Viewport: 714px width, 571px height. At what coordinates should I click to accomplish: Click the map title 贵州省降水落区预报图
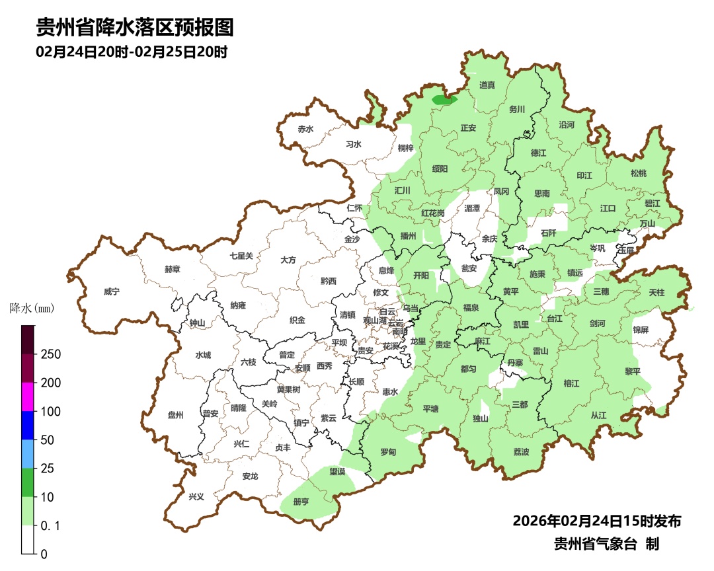(135, 28)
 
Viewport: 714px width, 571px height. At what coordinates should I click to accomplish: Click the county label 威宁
(112, 291)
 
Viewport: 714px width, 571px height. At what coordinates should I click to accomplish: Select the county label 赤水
(305, 130)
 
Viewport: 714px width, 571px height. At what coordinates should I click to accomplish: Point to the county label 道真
(487, 85)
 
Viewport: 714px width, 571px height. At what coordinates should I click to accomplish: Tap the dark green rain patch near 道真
(444, 100)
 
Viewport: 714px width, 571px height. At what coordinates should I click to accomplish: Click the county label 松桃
(638, 173)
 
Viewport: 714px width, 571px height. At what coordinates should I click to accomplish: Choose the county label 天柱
(656, 292)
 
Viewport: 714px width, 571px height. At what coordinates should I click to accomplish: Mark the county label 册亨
(301, 502)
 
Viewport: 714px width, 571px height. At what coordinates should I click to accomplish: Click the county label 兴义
(196, 496)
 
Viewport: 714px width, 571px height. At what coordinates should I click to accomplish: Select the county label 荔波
(521, 452)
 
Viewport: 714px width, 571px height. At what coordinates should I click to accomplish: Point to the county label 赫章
(172, 270)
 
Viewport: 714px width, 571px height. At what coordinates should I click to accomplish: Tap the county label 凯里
(521, 324)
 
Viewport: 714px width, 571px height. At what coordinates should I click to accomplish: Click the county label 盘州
(175, 415)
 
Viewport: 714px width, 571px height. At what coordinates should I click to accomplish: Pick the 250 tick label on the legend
(51, 354)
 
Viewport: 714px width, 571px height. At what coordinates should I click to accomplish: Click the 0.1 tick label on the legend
(52, 526)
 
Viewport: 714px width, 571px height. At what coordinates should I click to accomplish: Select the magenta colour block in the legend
(28, 397)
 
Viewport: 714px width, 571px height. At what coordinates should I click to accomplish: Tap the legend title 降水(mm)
(32, 308)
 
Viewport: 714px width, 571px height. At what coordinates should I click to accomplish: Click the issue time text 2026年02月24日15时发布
(596, 521)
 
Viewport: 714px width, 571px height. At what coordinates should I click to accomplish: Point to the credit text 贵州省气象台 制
(606, 544)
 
